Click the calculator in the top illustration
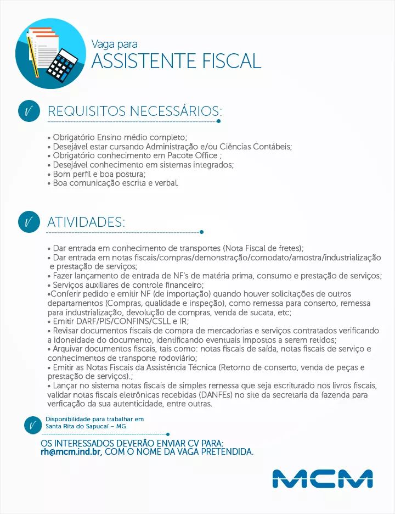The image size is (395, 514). coord(63,64)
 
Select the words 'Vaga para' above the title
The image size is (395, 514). coord(114,44)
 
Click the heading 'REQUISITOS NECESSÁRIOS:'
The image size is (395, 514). coord(134,111)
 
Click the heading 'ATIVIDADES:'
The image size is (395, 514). coord(86,222)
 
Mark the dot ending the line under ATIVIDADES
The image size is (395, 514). coord(202,232)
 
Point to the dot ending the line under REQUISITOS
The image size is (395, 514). coord(219,121)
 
